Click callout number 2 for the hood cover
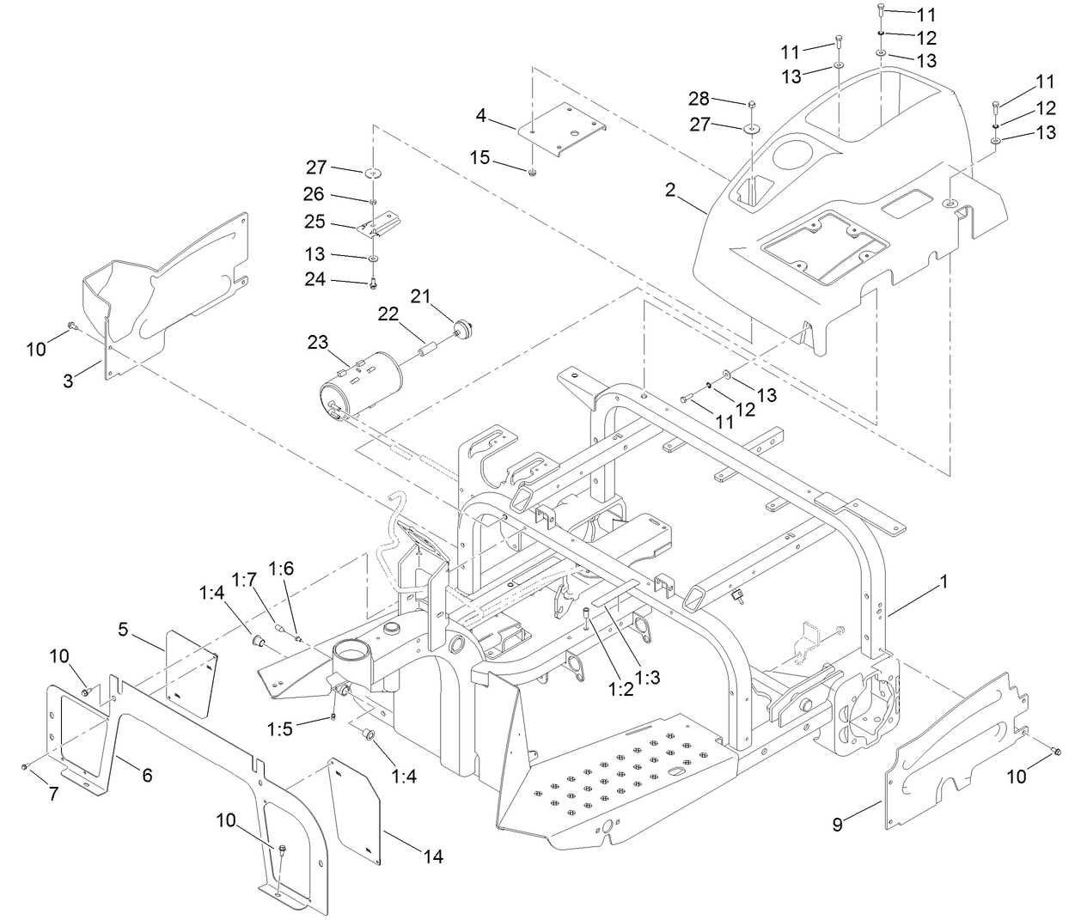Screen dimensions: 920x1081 [670, 190]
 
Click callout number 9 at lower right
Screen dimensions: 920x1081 [837, 825]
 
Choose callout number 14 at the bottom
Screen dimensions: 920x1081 [434, 856]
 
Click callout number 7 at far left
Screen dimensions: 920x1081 [53, 795]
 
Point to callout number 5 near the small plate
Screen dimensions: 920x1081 [124, 629]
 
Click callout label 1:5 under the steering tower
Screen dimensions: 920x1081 [279, 729]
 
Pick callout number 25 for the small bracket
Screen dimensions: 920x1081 [315, 222]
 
